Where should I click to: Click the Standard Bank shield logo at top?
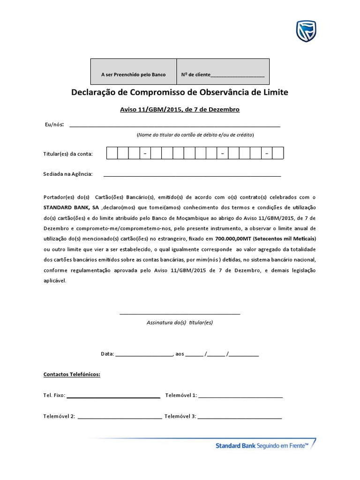[306, 31]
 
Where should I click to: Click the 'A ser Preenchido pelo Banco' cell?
[133, 75]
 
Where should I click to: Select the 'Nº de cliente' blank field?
[238, 75]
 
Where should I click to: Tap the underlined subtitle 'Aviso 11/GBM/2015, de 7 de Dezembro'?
[180, 109]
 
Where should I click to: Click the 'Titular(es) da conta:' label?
[68, 154]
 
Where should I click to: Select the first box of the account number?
[112, 154]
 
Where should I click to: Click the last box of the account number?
[278, 154]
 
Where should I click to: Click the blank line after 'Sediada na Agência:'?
[192, 175]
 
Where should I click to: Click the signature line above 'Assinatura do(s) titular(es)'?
[180, 313]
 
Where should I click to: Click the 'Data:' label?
[107, 354]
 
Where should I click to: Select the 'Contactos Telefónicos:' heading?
[72, 375]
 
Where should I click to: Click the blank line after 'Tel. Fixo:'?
[113, 396]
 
